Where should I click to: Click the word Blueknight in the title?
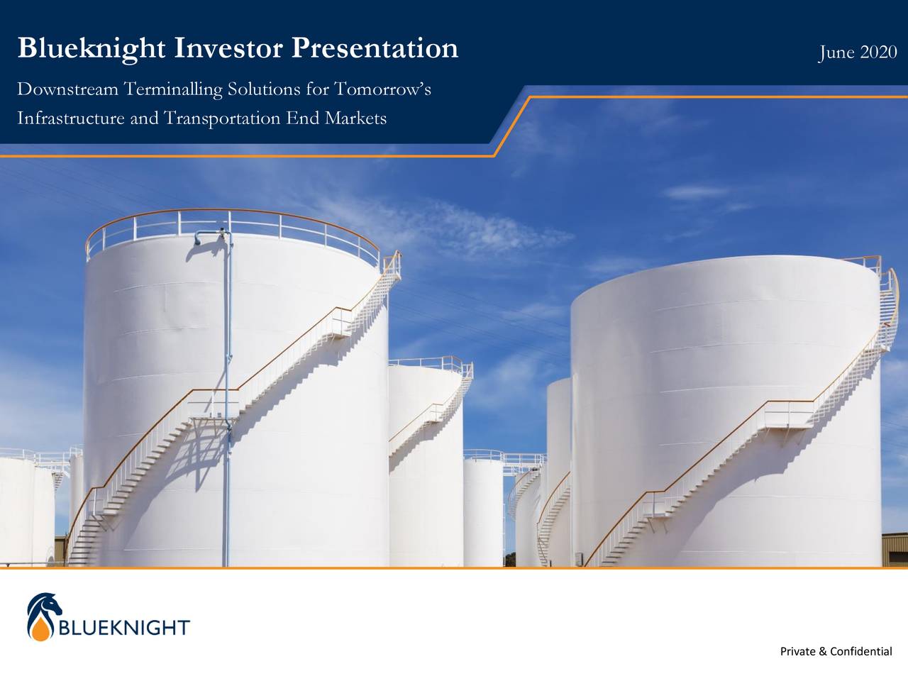click(92, 48)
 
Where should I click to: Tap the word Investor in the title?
click(228, 48)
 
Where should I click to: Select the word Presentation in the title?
click(375, 48)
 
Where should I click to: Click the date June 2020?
click(857, 52)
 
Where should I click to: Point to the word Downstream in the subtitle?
click(67, 90)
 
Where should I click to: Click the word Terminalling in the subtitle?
click(172, 90)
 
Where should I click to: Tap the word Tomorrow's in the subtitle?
click(382, 90)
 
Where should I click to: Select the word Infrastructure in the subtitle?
click(71, 117)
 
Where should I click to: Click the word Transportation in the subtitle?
click(222, 117)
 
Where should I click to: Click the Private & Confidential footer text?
click(836, 651)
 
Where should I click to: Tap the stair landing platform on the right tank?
click(787, 417)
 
